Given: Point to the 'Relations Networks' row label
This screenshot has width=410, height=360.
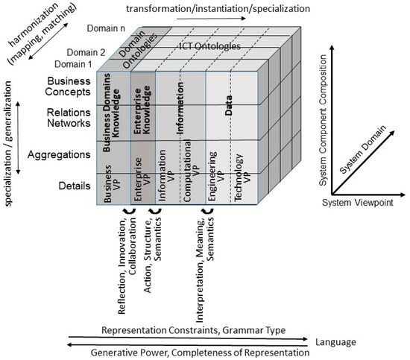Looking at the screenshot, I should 64,120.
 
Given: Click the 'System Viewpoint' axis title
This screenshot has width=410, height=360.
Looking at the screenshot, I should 353,201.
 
